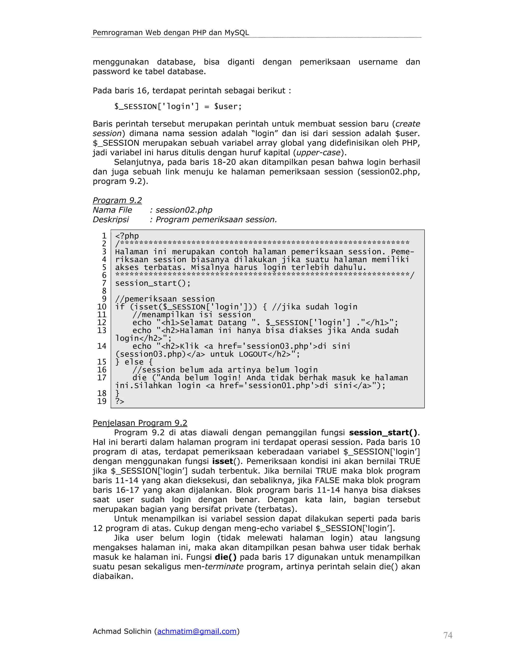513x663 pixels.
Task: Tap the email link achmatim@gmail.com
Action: point(197,631)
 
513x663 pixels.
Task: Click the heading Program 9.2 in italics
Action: point(117,200)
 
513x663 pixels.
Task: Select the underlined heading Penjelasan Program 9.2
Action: point(140,423)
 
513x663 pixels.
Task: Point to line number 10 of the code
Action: point(102,307)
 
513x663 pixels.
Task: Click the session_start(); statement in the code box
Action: point(153,283)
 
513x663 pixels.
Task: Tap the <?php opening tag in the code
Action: point(127,236)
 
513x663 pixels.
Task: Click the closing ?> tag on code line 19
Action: point(120,401)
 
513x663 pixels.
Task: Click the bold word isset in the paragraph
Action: point(222,461)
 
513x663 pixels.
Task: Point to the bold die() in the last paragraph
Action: point(225,557)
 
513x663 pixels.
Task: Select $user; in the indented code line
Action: point(228,107)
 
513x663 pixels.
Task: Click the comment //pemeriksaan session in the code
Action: point(165,299)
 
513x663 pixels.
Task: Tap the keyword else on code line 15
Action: point(134,362)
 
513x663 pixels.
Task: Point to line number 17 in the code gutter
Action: point(102,378)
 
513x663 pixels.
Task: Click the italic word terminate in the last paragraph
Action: point(224,566)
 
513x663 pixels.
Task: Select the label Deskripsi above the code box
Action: point(111,219)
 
